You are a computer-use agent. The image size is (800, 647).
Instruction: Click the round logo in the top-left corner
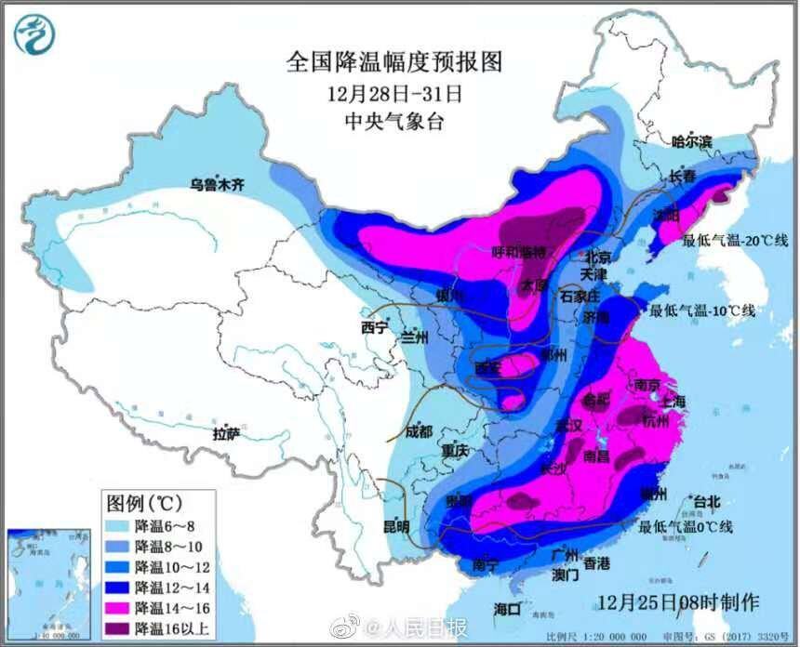click(33, 33)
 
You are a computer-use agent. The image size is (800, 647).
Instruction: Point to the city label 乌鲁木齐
click(216, 185)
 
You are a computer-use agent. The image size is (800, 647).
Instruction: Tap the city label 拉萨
click(226, 433)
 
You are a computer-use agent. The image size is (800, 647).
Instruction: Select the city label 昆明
click(395, 526)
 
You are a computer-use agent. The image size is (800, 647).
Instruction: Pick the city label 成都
click(420, 431)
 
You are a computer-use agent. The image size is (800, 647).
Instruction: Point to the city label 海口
click(506, 609)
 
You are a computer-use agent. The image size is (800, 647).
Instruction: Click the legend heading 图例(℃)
click(143, 503)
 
